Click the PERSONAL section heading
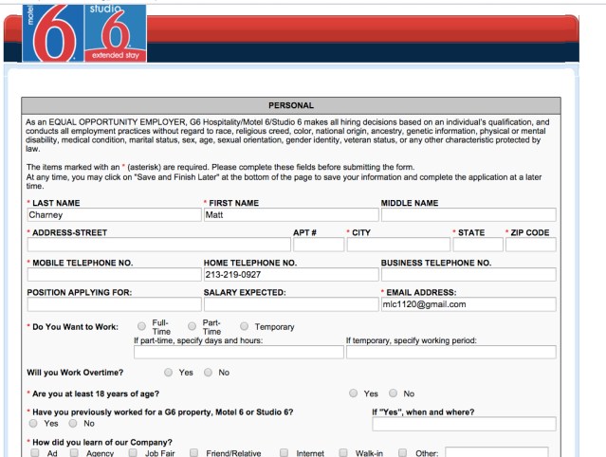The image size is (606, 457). pos(291,105)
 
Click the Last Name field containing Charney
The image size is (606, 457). pos(113,215)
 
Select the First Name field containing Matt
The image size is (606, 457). pos(290,215)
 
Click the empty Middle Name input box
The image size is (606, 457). pos(468,215)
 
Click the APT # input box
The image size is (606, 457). pos(318,245)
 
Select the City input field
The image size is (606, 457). pos(397,245)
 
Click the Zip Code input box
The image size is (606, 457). pos(530,245)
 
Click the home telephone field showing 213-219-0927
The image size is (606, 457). pos(290,275)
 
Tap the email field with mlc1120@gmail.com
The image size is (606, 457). pos(468,304)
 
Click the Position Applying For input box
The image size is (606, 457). pos(113,304)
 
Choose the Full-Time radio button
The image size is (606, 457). pos(142,326)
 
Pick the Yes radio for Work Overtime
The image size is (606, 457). pos(169,373)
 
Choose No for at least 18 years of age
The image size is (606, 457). pos(394,393)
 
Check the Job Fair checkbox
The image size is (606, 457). pos(134,453)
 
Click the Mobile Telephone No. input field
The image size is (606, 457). pos(113,275)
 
